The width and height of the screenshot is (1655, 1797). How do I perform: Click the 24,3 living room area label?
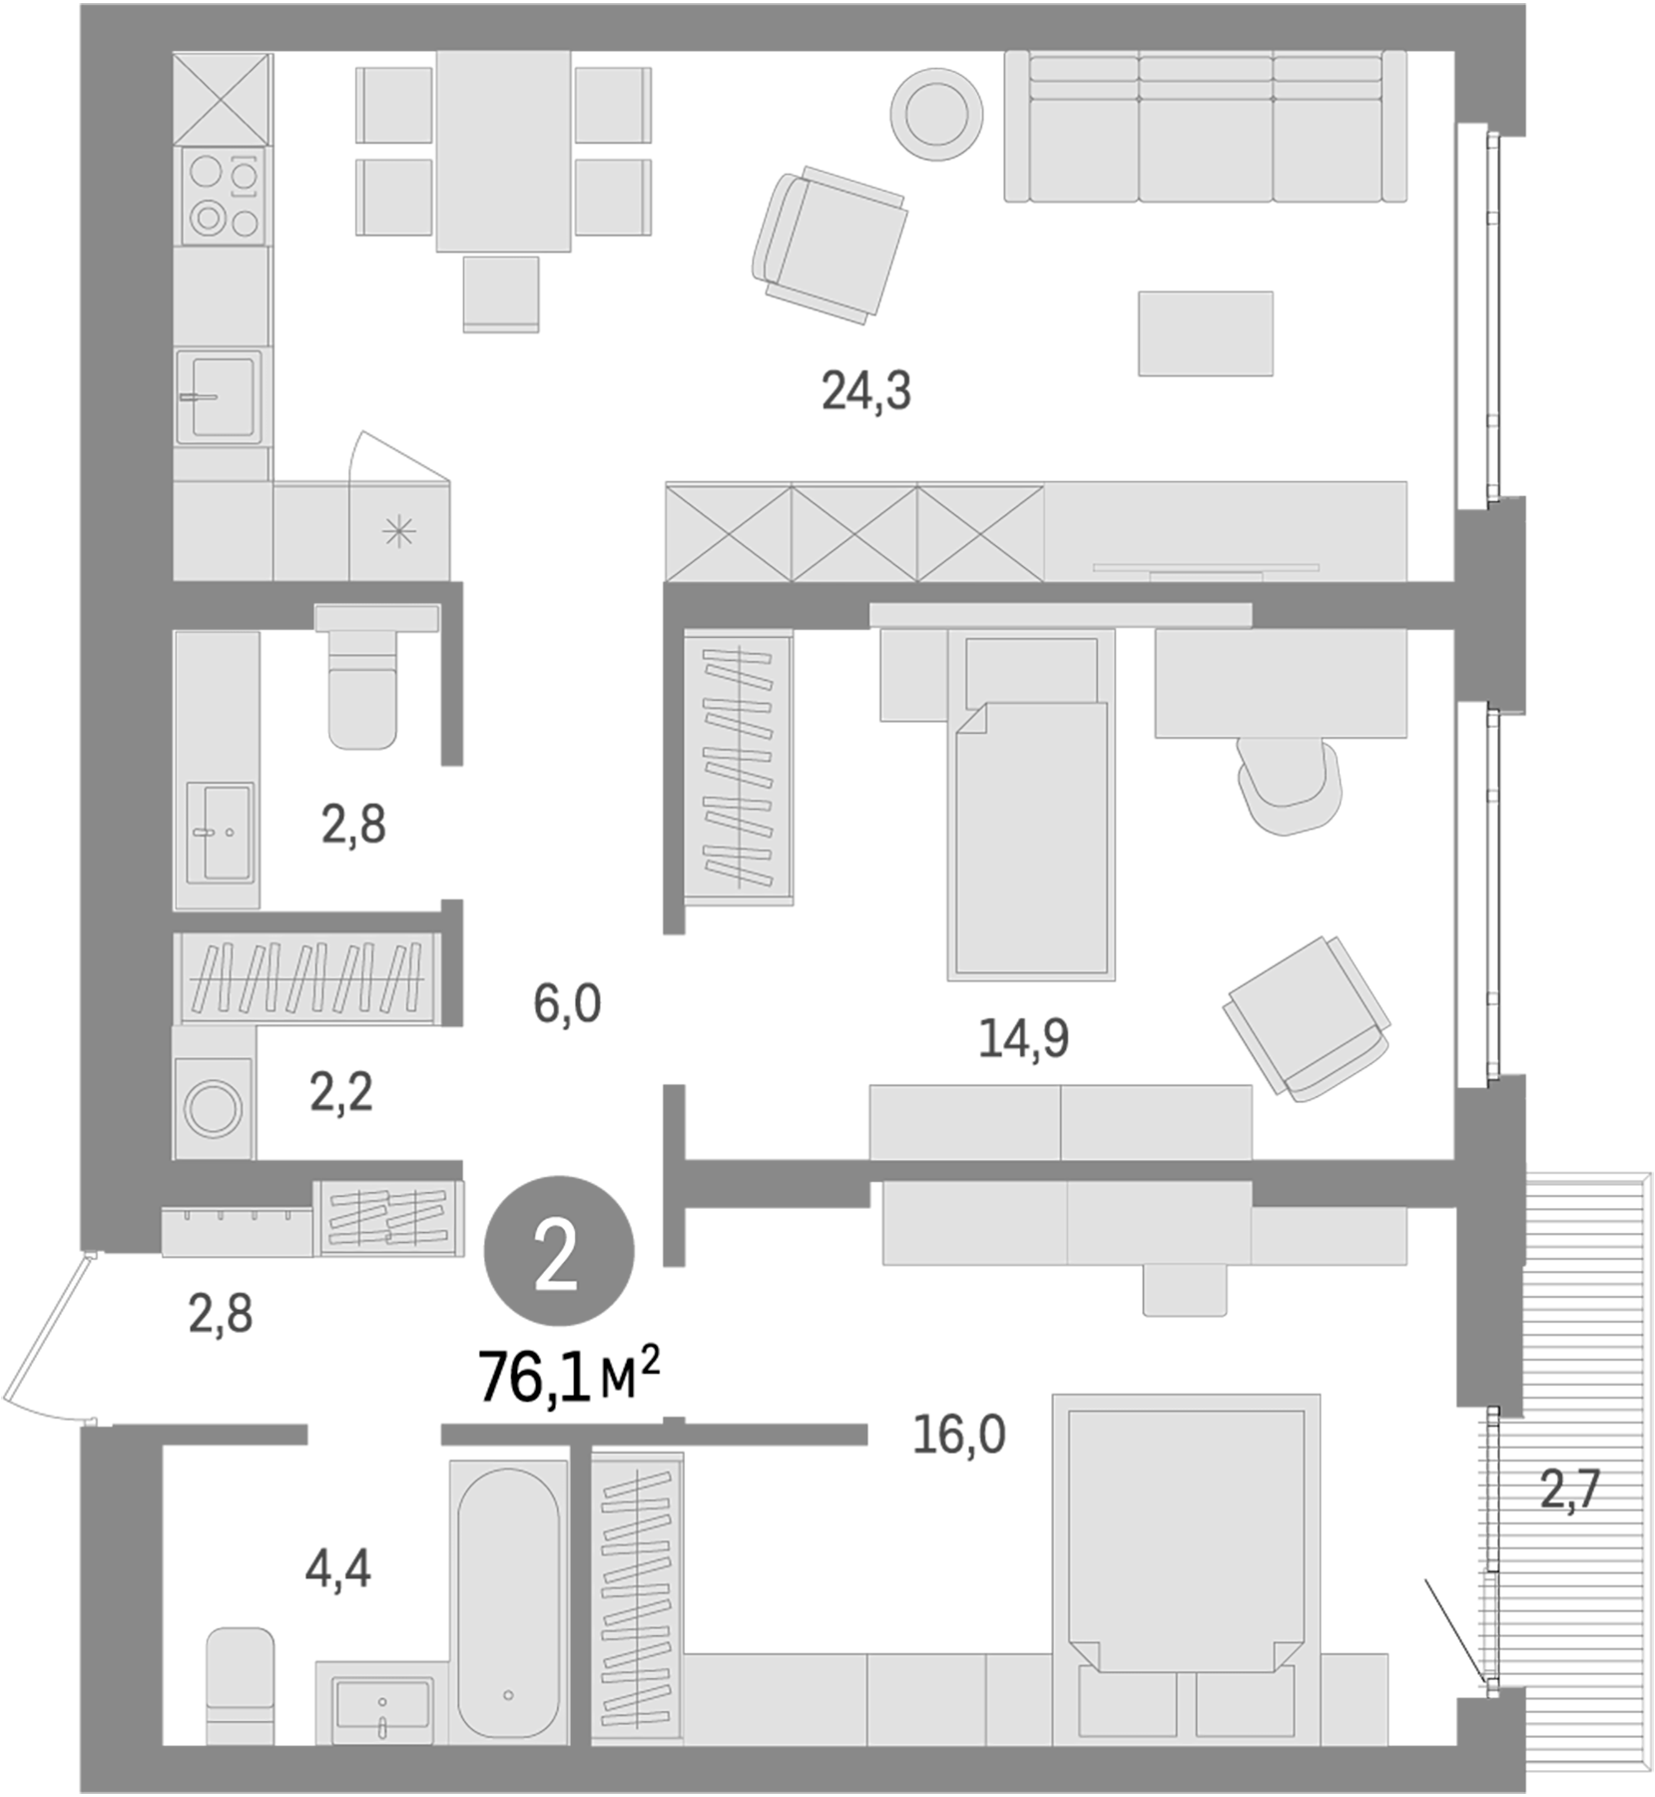865,390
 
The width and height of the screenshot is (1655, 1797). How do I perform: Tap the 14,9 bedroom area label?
1023,1038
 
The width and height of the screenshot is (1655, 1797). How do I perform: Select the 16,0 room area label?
958,1435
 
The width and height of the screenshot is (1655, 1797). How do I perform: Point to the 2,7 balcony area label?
1570,1491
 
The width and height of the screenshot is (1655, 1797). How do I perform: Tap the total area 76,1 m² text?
569,1377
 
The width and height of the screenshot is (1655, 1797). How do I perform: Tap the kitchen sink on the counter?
220,394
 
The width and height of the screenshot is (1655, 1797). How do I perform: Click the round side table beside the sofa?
936,113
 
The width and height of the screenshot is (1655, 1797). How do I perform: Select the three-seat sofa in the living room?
1206,128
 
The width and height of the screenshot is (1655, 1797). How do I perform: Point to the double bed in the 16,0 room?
1186,1537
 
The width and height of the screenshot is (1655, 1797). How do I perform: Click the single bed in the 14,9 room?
1031,819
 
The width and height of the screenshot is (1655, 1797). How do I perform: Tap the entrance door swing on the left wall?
45,1338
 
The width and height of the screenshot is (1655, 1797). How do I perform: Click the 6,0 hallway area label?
566,1003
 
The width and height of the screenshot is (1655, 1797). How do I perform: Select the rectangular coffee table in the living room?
1205,333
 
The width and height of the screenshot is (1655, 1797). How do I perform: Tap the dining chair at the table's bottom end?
501,293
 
